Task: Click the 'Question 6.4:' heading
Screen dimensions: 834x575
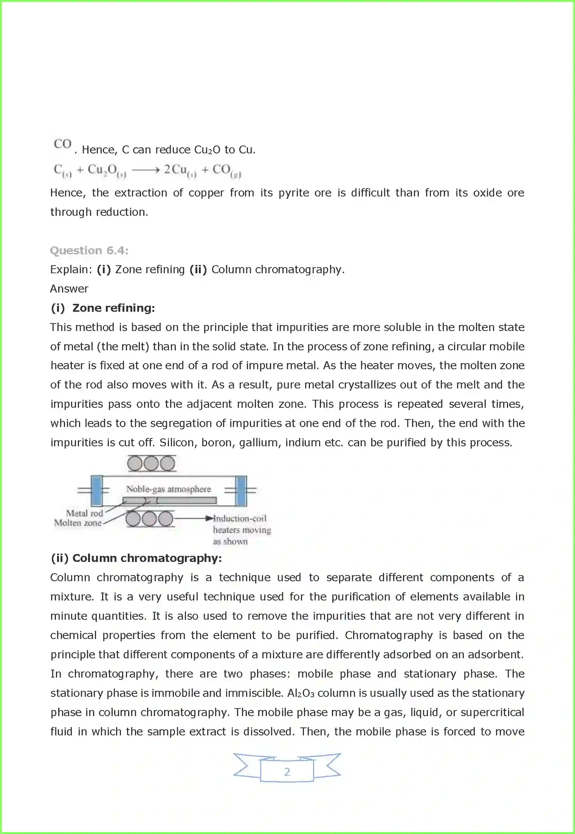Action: point(89,251)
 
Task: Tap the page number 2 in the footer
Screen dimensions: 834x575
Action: point(287,772)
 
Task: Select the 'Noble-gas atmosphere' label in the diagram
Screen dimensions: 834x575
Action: point(168,489)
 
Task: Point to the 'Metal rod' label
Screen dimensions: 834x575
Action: point(84,513)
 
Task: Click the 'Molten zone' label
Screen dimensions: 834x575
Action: point(78,523)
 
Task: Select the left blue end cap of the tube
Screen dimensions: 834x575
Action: point(97,490)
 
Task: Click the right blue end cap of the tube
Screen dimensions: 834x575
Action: point(241,490)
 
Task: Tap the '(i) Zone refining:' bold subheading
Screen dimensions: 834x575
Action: point(103,308)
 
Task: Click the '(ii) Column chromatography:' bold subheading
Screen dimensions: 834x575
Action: point(136,558)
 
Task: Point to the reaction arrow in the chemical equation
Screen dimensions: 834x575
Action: point(146,170)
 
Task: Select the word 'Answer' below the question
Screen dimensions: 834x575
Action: point(69,289)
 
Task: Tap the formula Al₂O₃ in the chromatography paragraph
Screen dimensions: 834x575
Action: point(301,693)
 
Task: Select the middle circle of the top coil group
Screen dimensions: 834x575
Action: point(151,463)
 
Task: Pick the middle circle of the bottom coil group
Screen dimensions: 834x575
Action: point(149,519)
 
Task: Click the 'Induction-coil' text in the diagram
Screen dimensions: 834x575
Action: point(240,518)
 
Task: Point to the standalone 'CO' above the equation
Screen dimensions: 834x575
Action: point(63,144)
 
